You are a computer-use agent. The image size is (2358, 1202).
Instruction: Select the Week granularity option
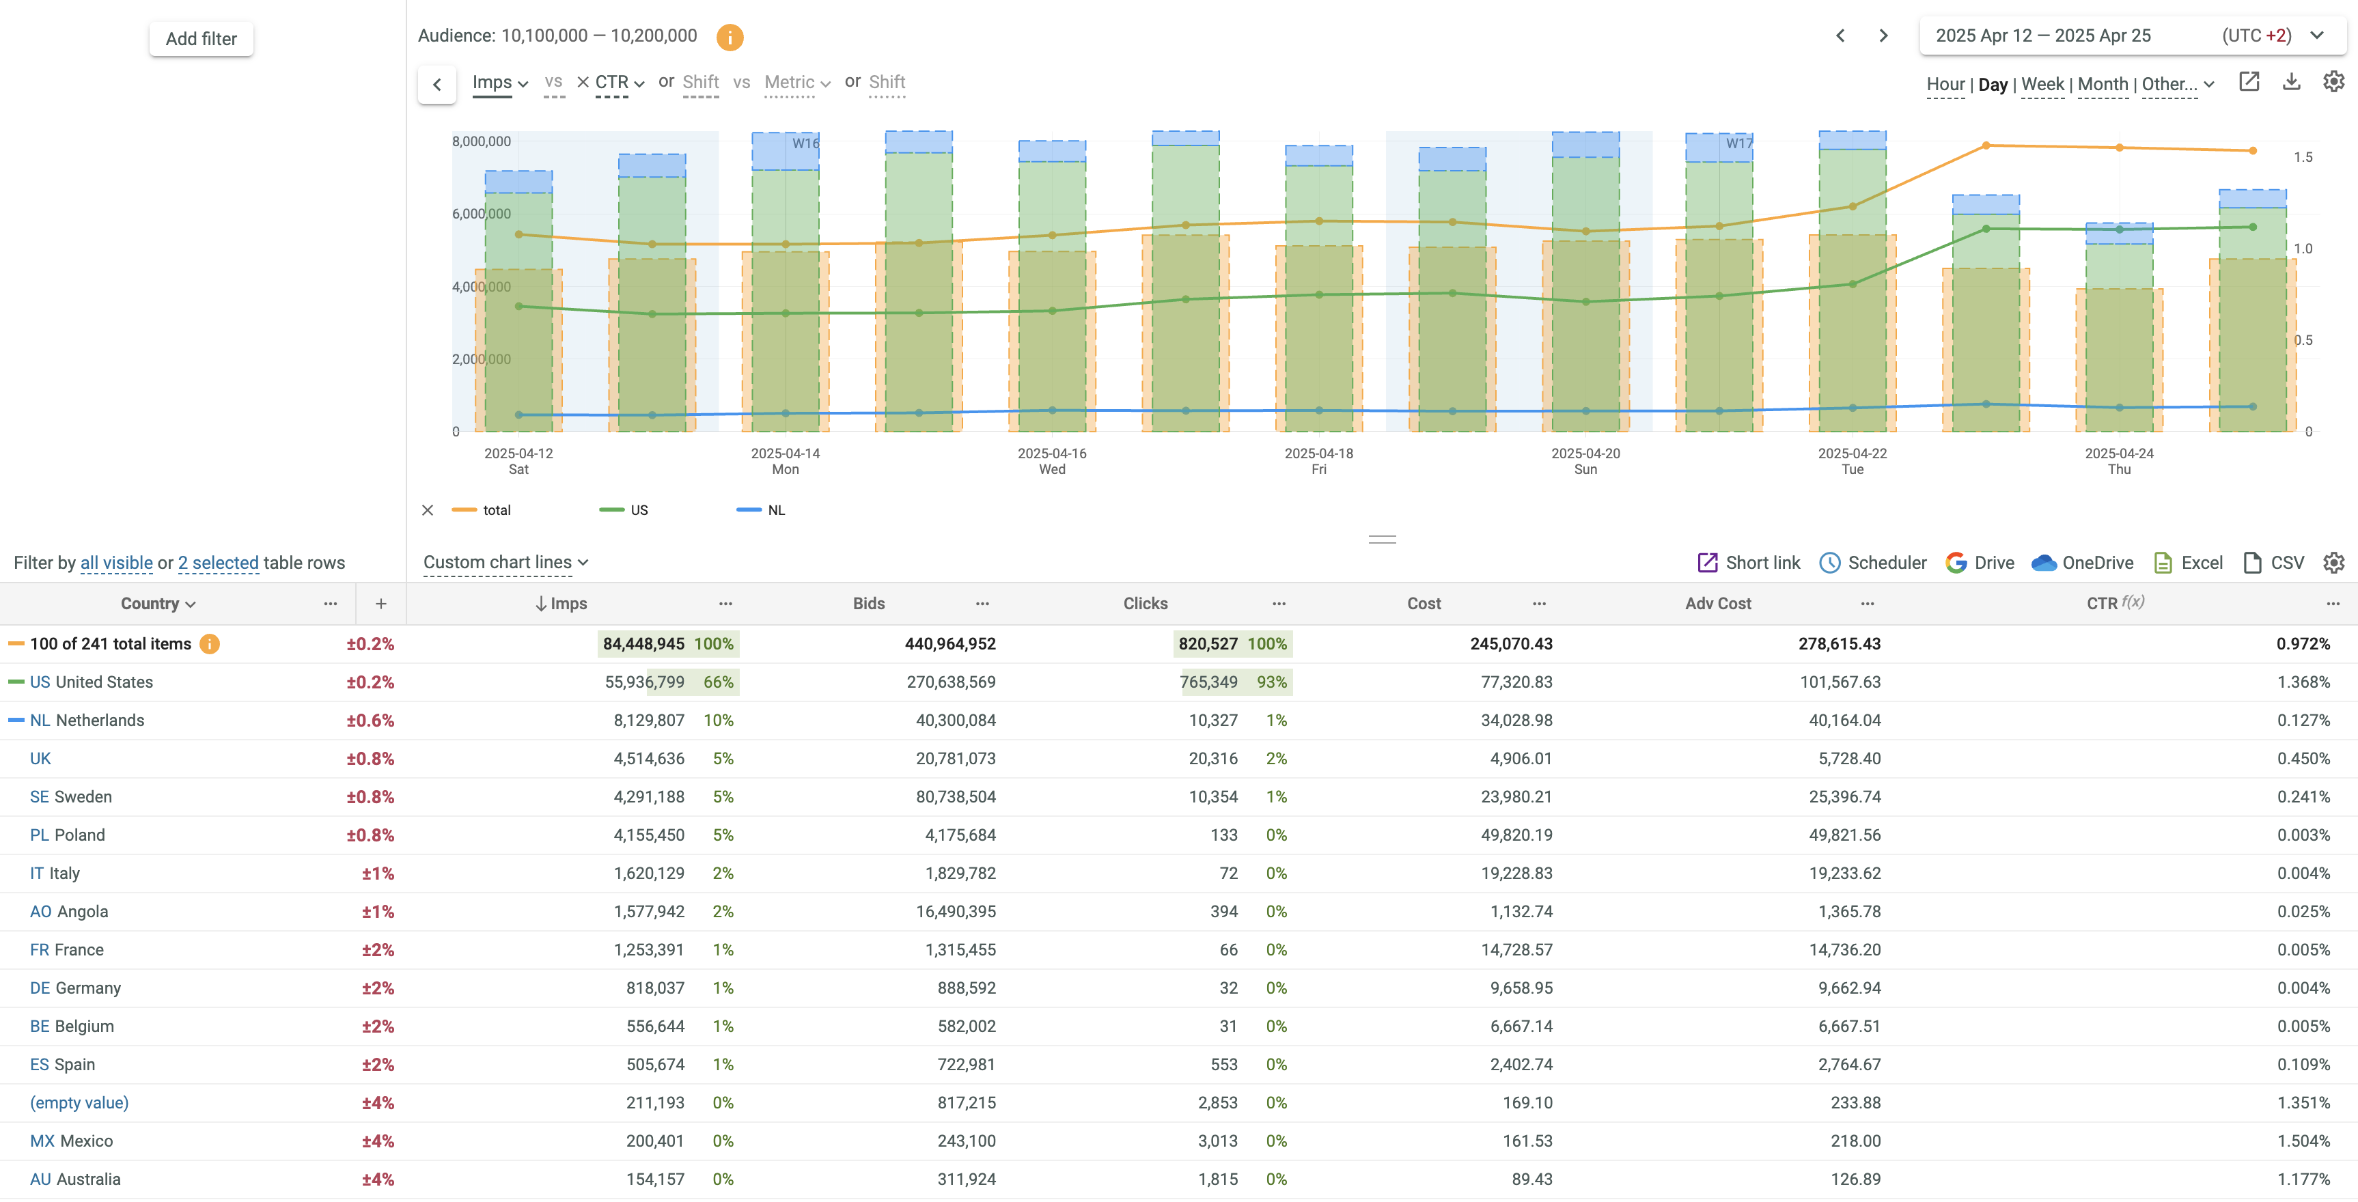(2042, 84)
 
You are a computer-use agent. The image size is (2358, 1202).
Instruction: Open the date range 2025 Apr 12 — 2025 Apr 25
(2042, 36)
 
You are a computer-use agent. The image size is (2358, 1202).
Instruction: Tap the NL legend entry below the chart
(775, 510)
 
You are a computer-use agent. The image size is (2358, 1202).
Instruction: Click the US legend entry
(638, 510)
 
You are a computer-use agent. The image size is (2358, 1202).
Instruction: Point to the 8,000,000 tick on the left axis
(482, 141)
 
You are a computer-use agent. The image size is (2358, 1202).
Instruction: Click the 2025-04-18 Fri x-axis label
(1318, 460)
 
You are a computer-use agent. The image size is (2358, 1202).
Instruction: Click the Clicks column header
(1145, 603)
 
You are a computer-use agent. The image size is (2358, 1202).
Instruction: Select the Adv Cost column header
(1717, 603)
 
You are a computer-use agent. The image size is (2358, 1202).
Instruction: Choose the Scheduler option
(1873, 563)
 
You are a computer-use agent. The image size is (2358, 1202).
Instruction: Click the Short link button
(1749, 563)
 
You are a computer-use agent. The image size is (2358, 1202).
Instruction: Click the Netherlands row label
(100, 721)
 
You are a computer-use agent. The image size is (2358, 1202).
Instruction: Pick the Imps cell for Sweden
(649, 796)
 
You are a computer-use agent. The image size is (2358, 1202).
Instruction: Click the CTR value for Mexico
(2303, 1141)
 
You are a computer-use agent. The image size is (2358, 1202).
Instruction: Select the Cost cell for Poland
(1516, 835)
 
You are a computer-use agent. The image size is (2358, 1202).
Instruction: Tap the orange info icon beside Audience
(730, 38)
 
